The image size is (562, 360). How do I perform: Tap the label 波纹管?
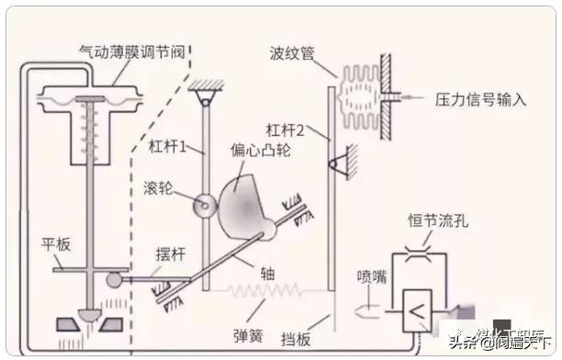pyautogui.click(x=292, y=53)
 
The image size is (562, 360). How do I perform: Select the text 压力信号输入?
pyautogui.click(x=480, y=98)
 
